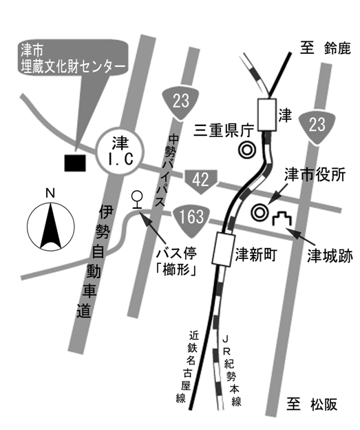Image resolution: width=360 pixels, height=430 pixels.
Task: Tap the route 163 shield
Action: click(191, 216)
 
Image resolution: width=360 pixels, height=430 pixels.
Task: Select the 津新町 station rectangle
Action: click(223, 249)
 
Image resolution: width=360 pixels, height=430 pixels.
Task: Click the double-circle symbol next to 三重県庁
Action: click(246, 149)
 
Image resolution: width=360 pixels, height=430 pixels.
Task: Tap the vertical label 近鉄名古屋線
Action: click(182, 366)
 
